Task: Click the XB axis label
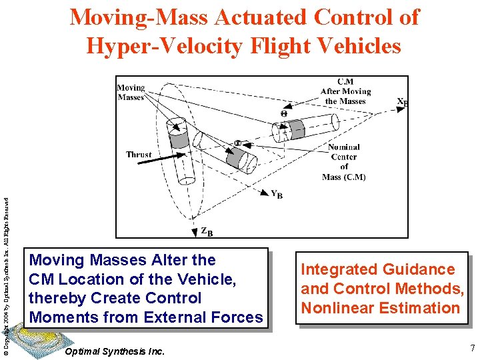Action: tap(402, 103)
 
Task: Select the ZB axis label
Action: tap(207, 231)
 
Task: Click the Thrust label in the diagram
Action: tap(139, 155)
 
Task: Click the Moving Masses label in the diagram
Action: tap(131, 92)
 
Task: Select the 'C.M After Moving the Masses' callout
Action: tap(345, 91)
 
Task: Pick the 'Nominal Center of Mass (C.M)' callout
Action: tap(344, 162)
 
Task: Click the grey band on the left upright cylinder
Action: tap(179, 139)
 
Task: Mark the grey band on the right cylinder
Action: tap(297, 129)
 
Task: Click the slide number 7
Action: tap(471, 347)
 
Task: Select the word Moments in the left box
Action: tap(64, 317)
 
